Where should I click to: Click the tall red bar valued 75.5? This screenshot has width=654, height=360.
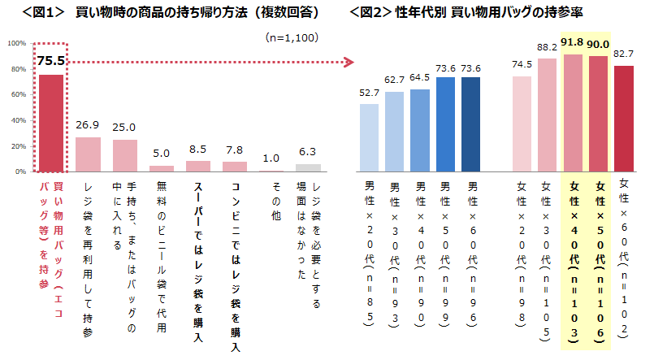click(x=51, y=123)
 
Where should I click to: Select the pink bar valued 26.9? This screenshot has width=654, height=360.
click(x=88, y=154)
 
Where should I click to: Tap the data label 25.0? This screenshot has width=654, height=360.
click(x=124, y=128)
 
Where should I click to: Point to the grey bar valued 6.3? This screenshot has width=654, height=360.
click(x=308, y=168)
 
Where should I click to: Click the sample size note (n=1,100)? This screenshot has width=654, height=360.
click(x=291, y=37)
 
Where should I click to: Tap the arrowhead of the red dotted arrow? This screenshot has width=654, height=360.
click(x=350, y=62)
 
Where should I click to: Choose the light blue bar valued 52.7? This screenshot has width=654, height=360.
click(x=369, y=137)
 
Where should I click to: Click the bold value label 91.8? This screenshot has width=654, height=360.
click(x=572, y=41)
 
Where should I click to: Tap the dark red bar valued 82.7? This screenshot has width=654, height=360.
click(x=623, y=119)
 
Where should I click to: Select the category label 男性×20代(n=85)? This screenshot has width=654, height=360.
click(x=369, y=252)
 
